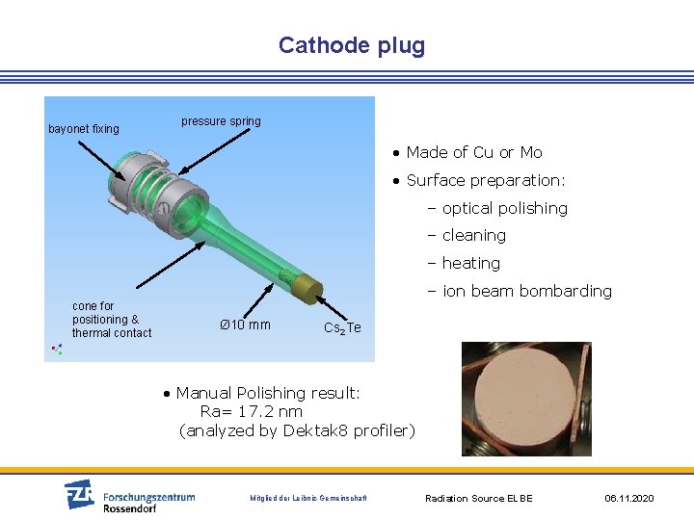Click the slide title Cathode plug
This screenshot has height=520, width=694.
pos(351,45)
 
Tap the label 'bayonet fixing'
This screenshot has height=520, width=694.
pos(84,129)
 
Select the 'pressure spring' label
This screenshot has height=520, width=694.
pos(221,121)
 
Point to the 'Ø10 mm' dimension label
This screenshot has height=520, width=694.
pos(245,325)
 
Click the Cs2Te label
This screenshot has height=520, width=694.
pos(342,328)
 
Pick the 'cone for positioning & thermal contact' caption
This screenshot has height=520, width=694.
pos(111,320)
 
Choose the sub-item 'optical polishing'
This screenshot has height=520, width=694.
pos(504,208)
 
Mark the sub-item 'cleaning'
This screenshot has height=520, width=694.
pos(473,235)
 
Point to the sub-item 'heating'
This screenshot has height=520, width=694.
pos(470,263)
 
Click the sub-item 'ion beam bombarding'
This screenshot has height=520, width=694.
pos(526,291)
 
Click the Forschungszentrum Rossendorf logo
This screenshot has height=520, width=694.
pos(130,496)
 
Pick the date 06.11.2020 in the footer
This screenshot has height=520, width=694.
pos(628,498)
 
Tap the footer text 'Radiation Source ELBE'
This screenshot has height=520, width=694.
pos(479,498)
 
